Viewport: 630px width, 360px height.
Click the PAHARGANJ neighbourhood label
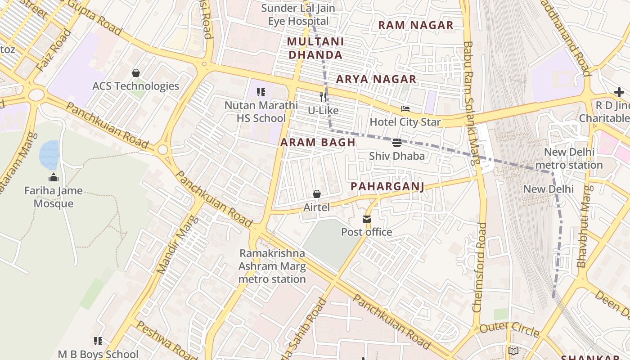[387, 186]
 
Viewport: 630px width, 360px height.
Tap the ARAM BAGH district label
[318, 143]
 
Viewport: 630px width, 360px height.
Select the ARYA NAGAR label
[376, 79]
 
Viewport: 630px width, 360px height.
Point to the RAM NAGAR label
[415, 25]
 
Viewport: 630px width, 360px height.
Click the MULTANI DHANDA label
[315, 48]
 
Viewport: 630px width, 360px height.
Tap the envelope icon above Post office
[367, 219]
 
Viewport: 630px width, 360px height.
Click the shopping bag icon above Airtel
[317, 194]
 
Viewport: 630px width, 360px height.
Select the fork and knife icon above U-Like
[323, 97]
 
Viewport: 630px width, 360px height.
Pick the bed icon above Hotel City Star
[405, 109]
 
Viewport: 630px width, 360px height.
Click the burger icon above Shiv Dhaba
[396, 143]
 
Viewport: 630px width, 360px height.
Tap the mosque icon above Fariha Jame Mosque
[54, 177]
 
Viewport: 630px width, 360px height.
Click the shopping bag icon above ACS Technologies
[135, 73]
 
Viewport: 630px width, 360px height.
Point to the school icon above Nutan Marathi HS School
[261, 92]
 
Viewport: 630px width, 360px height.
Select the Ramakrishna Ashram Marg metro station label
[272, 266]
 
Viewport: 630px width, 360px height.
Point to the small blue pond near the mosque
[49, 154]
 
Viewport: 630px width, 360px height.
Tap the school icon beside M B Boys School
[98, 341]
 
